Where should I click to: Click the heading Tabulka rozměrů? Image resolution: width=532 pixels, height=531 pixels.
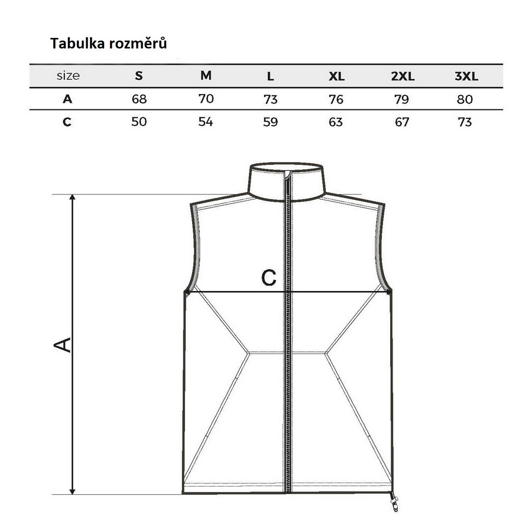[109, 43]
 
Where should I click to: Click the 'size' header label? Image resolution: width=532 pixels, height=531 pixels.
[68, 75]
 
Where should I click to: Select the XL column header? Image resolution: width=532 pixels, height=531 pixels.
[336, 76]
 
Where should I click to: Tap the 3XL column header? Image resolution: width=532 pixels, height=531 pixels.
[466, 76]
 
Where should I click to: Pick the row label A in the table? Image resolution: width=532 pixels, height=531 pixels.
[67, 99]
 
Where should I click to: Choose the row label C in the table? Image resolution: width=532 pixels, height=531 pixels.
[67, 121]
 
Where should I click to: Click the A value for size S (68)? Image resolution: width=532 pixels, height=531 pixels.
[139, 99]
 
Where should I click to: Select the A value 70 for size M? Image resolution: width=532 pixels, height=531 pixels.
[206, 99]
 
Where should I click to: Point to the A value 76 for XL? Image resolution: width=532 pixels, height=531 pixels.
[336, 99]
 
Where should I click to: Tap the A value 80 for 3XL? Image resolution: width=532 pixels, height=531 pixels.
[465, 99]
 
